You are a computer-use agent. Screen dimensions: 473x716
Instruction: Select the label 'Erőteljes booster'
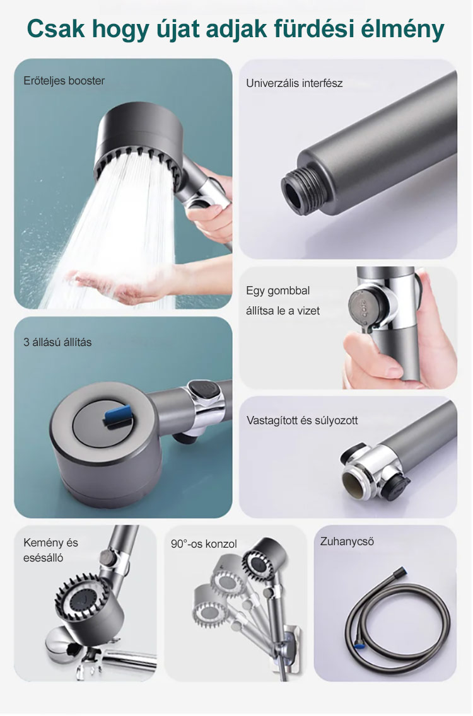pyautogui.click(x=64, y=81)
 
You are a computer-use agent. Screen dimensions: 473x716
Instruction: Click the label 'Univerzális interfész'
pyautogui.click(x=295, y=83)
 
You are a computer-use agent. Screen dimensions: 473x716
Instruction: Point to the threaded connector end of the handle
pyautogui.click(x=300, y=192)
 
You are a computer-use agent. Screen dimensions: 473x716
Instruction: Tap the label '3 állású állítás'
pyautogui.click(x=57, y=342)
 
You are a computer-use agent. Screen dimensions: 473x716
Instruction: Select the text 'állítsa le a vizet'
pyautogui.click(x=283, y=311)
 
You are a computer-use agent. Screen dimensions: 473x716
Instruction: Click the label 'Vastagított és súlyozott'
pyautogui.click(x=302, y=420)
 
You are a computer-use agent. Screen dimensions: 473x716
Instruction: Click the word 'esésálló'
pyautogui.click(x=44, y=558)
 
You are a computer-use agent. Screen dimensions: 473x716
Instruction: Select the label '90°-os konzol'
pyautogui.click(x=204, y=544)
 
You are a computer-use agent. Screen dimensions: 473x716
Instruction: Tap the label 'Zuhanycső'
pyautogui.click(x=347, y=541)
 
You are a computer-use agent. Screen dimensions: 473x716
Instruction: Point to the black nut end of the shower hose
pyautogui.click(x=401, y=571)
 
